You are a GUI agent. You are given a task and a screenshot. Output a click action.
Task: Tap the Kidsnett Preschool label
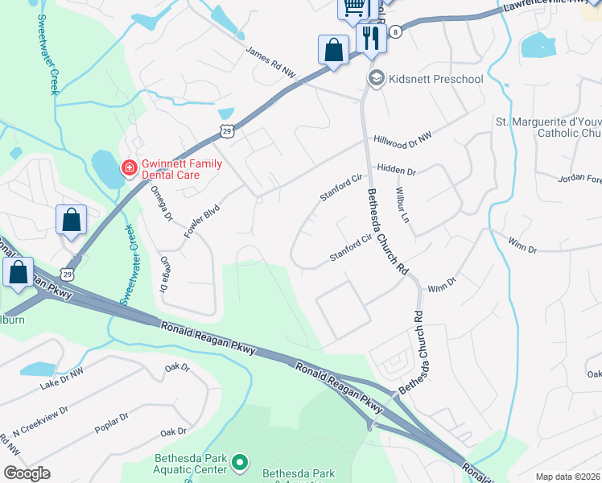coord(435,79)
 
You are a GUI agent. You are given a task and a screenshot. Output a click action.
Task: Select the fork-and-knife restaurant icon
coord(371,38)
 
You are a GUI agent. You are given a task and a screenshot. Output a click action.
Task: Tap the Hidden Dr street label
coord(396,171)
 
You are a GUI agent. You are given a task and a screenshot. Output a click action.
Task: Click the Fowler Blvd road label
coord(202,221)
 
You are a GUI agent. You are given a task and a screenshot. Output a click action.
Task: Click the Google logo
coord(27,473)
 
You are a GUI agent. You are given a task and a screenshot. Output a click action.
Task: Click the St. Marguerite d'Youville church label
coord(547,127)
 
